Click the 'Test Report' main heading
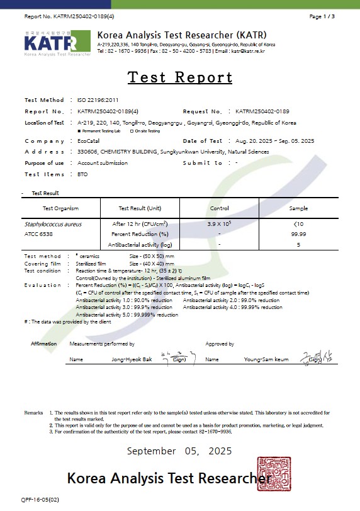(180, 77)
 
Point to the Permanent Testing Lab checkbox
(79, 131)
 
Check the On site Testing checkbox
(132, 131)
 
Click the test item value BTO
(82, 174)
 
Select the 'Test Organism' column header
(60, 208)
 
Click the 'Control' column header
(219, 208)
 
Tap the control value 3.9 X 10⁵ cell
(219, 224)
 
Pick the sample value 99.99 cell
(298, 234)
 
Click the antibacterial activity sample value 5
(298, 244)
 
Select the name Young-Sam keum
(266, 359)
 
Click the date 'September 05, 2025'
(179, 451)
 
